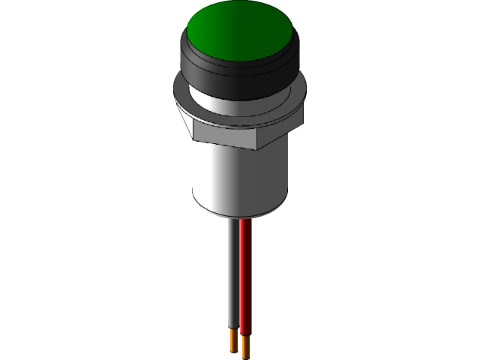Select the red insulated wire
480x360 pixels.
(x=245, y=277)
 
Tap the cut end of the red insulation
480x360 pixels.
(x=245, y=335)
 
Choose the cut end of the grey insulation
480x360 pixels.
(x=234, y=331)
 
